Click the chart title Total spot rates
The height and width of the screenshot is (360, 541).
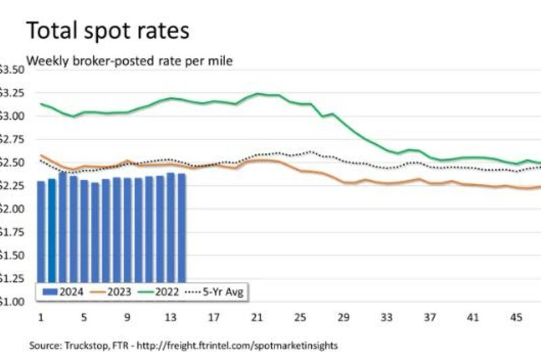[x=108, y=31]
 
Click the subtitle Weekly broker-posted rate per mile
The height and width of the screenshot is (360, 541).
[x=128, y=61]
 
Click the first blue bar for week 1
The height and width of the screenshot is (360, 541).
[x=41, y=230]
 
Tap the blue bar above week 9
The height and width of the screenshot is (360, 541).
[x=128, y=230]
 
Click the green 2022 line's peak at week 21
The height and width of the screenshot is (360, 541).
[x=258, y=93]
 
